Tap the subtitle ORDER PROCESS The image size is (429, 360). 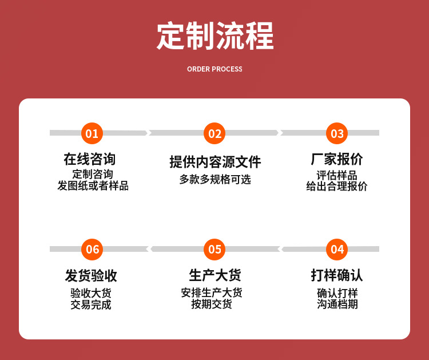point(214,69)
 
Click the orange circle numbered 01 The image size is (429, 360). point(92,133)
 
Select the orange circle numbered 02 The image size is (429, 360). point(214,133)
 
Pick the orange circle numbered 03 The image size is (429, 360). point(337,133)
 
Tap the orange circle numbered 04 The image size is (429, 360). point(337,249)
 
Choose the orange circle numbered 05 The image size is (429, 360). point(214,249)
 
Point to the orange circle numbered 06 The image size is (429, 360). point(92,249)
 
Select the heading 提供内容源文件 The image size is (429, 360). point(214,161)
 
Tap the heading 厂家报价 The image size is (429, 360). point(337,159)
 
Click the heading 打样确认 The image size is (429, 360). point(337,275)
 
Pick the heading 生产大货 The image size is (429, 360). point(214,275)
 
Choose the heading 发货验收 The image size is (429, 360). point(91,275)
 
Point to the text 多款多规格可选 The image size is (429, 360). point(214,179)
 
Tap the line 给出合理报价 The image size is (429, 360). point(337,186)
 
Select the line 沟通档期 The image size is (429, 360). point(337,304)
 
